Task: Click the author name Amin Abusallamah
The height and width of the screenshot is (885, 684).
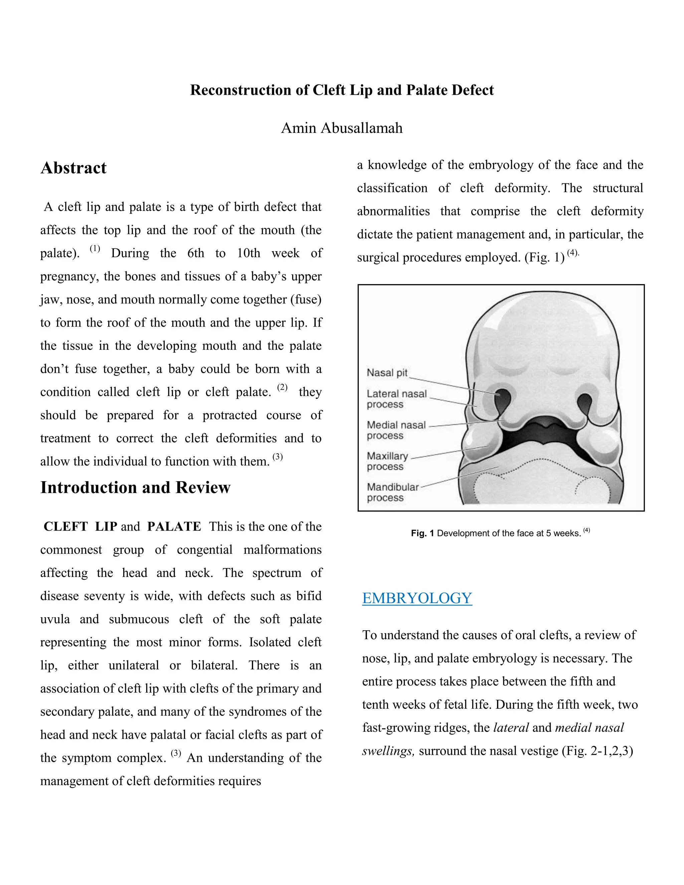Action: point(342,128)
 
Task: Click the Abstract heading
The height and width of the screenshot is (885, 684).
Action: point(73,168)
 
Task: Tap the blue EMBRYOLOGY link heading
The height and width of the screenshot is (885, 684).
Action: point(417,598)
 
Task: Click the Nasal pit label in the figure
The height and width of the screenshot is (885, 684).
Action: point(386,373)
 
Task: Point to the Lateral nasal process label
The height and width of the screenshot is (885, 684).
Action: point(396,399)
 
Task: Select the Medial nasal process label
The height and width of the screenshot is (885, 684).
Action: point(396,430)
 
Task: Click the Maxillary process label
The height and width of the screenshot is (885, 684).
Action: point(387,461)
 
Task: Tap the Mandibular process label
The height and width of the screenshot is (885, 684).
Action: point(392,492)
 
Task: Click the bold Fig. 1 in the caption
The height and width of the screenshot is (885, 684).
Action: point(422,533)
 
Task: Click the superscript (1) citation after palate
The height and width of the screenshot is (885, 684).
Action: point(95,248)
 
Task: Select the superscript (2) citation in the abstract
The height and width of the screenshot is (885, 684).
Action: point(283,387)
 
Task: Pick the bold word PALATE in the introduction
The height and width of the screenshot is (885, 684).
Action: point(174,526)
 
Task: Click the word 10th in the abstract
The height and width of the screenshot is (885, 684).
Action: point(248,253)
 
